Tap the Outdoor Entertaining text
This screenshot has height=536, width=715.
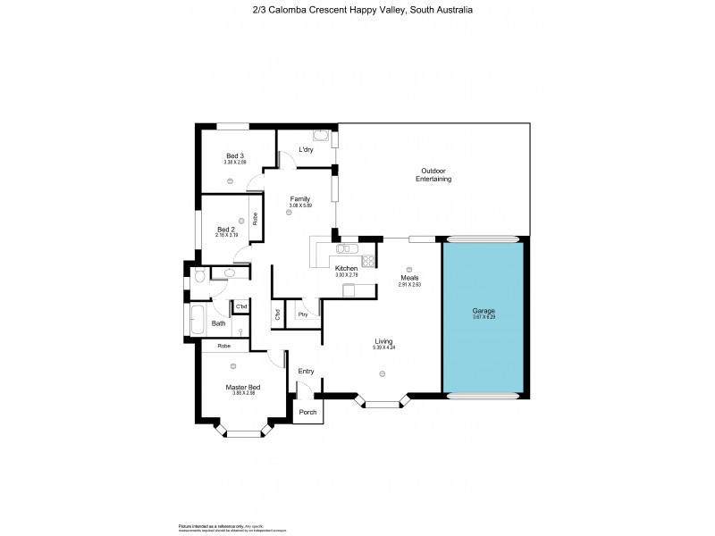pyautogui.click(x=433, y=175)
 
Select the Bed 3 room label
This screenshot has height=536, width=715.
pyautogui.click(x=235, y=156)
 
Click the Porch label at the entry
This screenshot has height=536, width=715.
pyautogui.click(x=307, y=412)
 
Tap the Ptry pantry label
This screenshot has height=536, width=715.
pyautogui.click(x=304, y=314)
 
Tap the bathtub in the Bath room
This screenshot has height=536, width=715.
pyautogui.click(x=196, y=319)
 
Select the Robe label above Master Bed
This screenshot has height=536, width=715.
pyautogui.click(x=223, y=345)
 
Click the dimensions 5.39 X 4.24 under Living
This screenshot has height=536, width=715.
pyautogui.click(x=383, y=348)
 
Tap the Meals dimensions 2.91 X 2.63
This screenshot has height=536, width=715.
pyautogui.click(x=409, y=284)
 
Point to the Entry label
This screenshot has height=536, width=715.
pyautogui.click(x=306, y=371)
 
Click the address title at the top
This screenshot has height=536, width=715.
pyautogui.click(x=357, y=11)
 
